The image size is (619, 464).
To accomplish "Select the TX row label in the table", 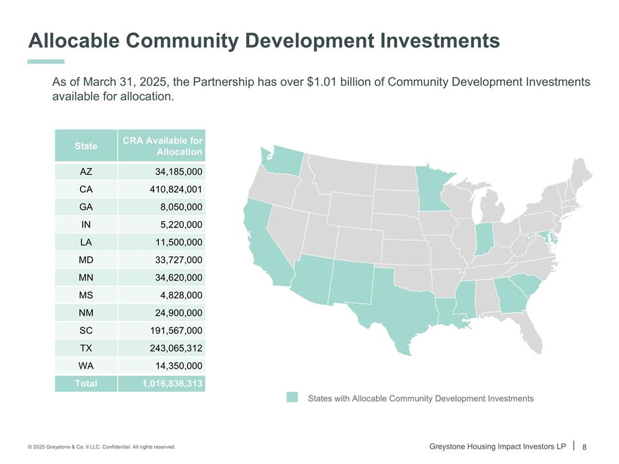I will pos(86,348).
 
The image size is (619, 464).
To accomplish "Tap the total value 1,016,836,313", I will pos(172,383).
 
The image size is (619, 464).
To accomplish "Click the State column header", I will pos(86,146).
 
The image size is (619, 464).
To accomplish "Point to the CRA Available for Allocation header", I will pos(162,146).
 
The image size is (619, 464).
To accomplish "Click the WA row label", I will pos(86,365).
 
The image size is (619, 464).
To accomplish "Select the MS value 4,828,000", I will pos(181,295).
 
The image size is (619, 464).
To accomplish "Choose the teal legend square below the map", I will pos(292,398).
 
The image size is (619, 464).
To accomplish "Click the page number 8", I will pos(585,447).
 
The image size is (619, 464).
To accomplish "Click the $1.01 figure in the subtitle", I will pos(323,82).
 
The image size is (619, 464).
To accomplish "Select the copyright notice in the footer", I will pos(101,447).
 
